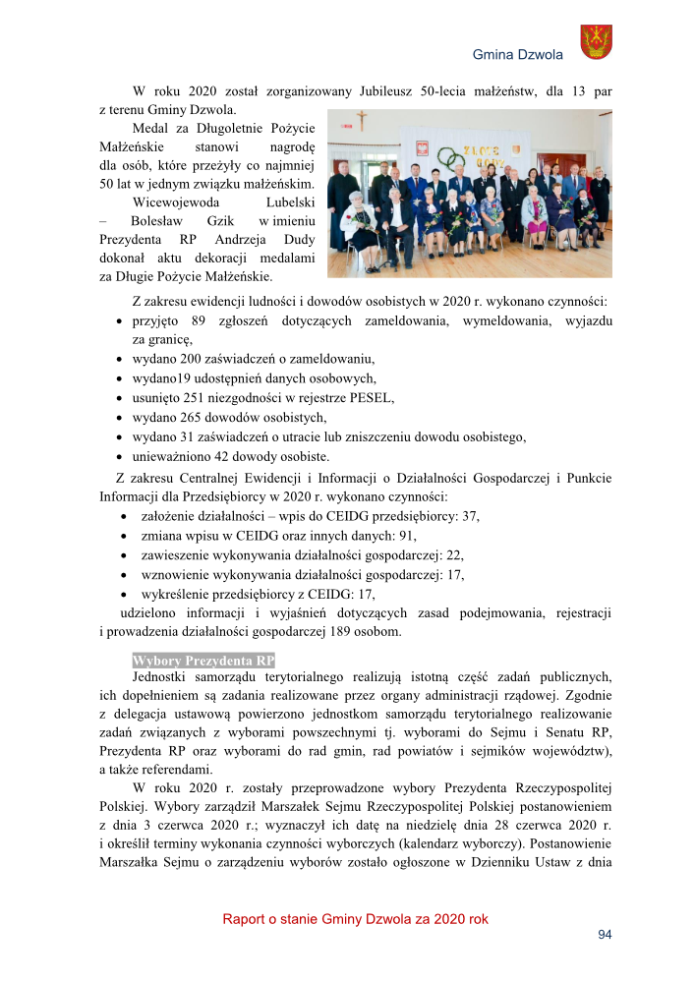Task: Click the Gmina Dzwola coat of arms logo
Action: click(x=597, y=42)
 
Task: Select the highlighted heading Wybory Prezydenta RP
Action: click(x=203, y=661)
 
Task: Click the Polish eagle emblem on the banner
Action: click(x=426, y=149)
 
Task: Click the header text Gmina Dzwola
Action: click(x=517, y=54)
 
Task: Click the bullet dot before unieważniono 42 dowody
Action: click(x=120, y=457)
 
